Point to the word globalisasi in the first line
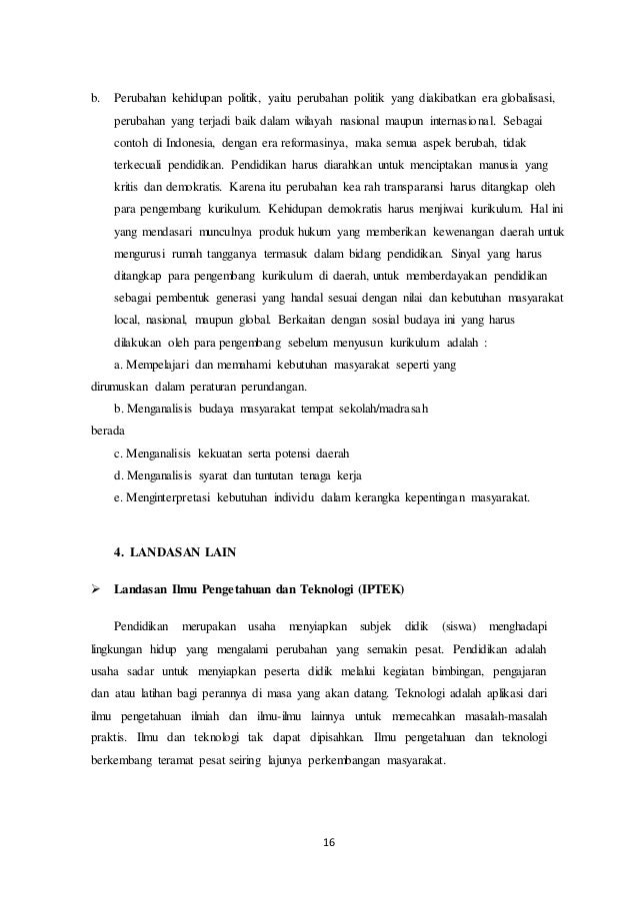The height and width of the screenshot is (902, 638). (524, 101)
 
